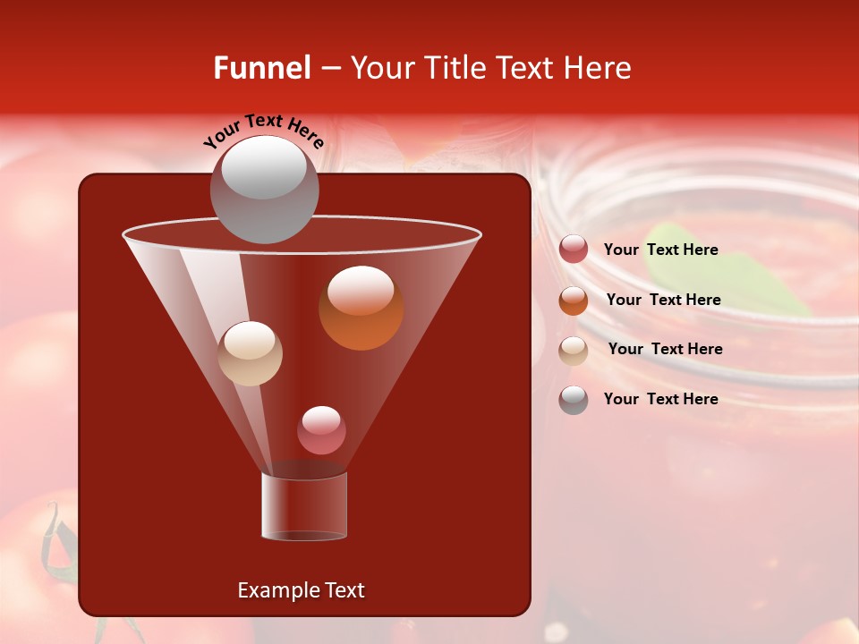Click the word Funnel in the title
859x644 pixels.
click(x=262, y=68)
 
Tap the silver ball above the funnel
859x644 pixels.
click(x=264, y=189)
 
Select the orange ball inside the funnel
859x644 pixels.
click(x=361, y=308)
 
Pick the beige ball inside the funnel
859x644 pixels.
click(x=251, y=353)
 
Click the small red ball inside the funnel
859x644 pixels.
click(x=321, y=430)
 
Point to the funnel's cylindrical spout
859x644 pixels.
click(x=304, y=506)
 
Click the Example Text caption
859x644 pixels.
click(x=302, y=590)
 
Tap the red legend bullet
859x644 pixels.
click(x=574, y=250)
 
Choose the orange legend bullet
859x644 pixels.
click(x=574, y=301)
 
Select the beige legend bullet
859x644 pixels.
click(x=574, y=350)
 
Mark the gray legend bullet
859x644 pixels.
click(x=574, y=400)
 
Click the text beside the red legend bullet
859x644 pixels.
click(x=661, y=250)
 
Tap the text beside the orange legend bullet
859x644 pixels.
click(x=663, y=301)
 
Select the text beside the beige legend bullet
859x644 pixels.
click(x=665, y=350)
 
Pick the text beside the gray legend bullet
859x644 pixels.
click(x=661, y=400)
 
